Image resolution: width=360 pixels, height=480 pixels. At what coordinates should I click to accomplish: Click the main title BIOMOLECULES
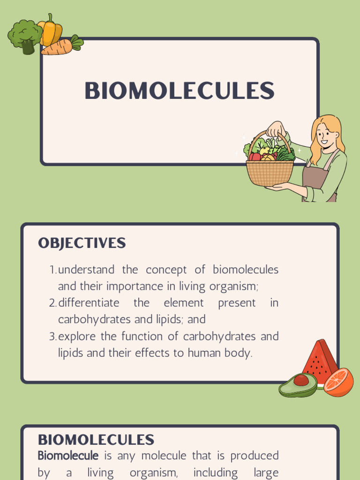[179, 91]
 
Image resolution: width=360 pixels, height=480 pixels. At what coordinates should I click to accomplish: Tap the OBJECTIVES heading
[82, 243]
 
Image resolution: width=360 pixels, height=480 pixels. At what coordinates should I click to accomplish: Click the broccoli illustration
[24, 36]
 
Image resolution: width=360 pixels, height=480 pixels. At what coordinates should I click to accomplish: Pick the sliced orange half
[338, 382]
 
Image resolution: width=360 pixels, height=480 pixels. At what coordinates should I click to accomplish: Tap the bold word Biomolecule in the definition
[68, 456]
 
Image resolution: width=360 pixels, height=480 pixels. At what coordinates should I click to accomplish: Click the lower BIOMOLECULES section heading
[96, 440]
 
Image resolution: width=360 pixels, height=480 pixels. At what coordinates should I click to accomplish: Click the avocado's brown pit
[301, 380]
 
